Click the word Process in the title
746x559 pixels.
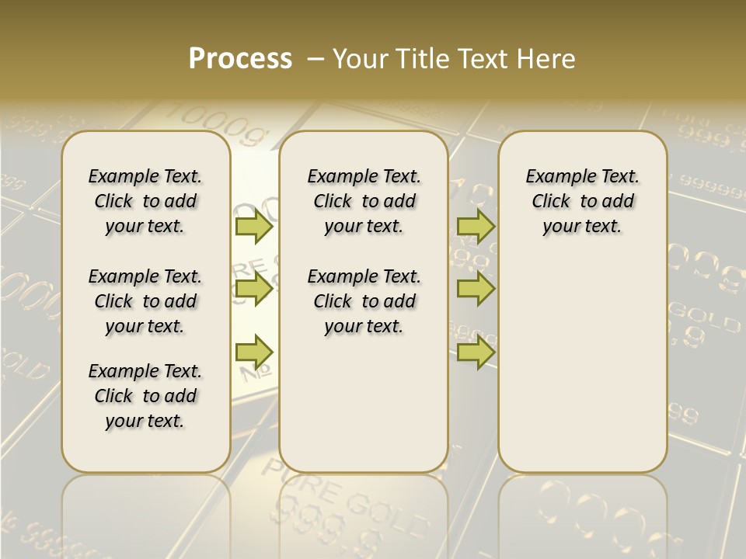pyautogui.click(x=240, y=59)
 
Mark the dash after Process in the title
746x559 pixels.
pyautogui.click(x=315, y=60)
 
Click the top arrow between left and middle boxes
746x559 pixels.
pyautogui.click(x=253, y=226)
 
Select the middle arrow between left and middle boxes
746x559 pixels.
pyautogui.click(x=253, y=289)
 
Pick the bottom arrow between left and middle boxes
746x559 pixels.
pyautogui.click(x=253, y=352)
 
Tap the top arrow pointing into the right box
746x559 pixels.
pyautogui.click(x=476, y=226)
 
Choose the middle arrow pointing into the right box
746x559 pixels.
pyautogui.click(x=476, y=289)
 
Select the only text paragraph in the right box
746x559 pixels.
pyautogui.click(x=583, y=201)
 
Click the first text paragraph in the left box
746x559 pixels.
pyautogui.click(x=145, y=201)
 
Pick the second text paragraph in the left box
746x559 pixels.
pyautogui.click(x=145, y=301)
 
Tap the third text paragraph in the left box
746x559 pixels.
pyautogui.click(x=145, y=396)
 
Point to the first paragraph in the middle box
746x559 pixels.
pyautogui.click(x=364, y=201)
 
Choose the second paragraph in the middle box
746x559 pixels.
pyautogui.click(x=364, y=301)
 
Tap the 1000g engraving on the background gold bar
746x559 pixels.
pyautogui.click(x=218, y=124)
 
